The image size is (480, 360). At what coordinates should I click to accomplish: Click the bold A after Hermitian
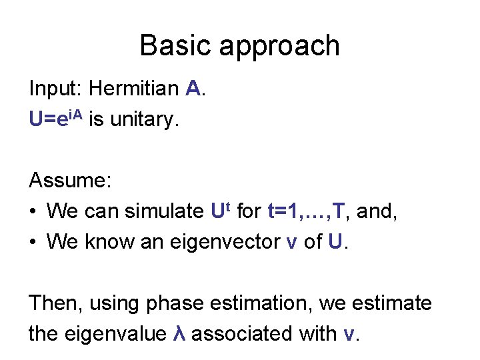(193, 88)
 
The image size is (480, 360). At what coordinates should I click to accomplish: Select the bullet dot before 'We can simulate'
(33, 211)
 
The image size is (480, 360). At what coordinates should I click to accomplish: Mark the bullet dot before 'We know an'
(33, 242)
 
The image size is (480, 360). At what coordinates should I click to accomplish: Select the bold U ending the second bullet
(337, 242)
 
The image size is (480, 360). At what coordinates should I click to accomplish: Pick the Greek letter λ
(178, 334)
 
